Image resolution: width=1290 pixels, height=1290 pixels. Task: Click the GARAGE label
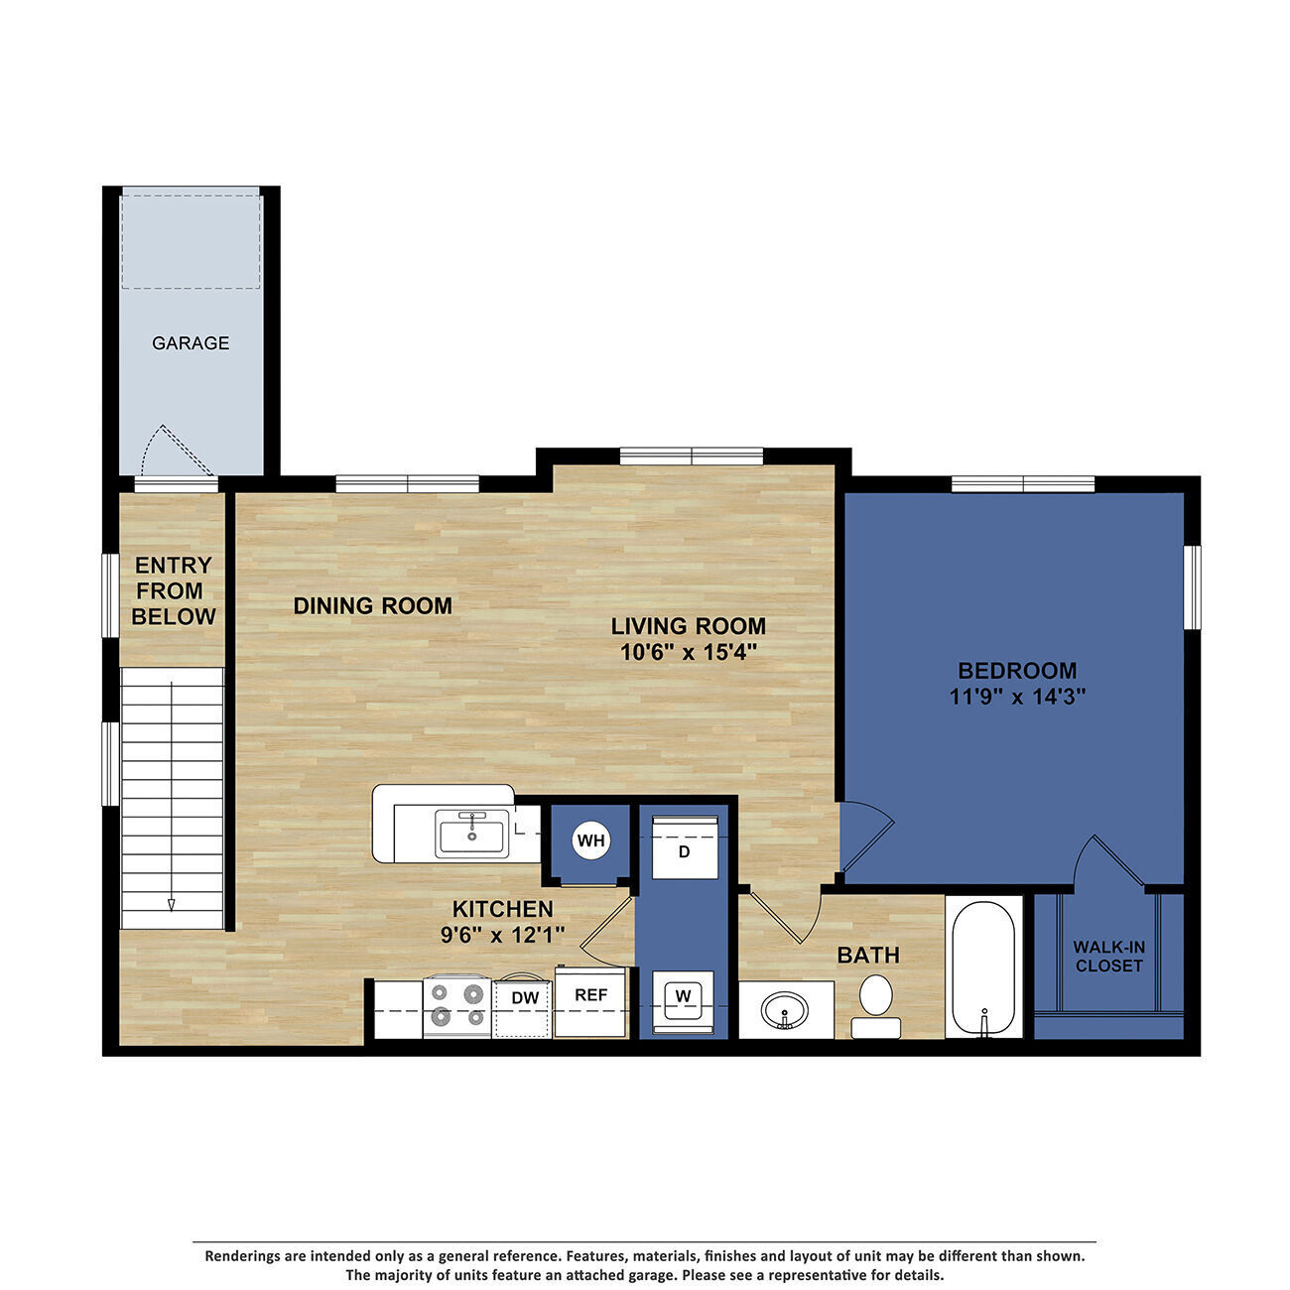pyautogui.click(x=191, y=343)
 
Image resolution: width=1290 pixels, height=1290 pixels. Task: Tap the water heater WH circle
pyautogui.click(x=591, y=841)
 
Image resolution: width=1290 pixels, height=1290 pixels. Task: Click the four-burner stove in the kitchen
pyautogui.click(x=456, y=1005)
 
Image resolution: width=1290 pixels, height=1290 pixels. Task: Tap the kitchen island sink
pyautogui.click(x=471, y=833)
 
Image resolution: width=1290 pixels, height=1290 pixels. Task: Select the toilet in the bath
pyautogui.click(x=875, y=1002)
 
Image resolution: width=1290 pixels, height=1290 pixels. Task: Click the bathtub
pyautogui.click(x=982, y=967)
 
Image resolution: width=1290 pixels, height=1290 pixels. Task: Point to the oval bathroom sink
pyautogui.click(x=785, y=1011)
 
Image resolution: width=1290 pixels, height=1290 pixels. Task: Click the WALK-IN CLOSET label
pyautogui.click(x=1109, y=957)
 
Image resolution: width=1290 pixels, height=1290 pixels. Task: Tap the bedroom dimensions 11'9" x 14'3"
pyautogui.click(x=1017, y=697)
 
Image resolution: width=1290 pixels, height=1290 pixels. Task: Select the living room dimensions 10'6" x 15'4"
pyautogui.click(x=689, y=652)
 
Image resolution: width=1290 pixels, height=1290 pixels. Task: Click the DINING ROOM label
pyautogui.click(x=372, y=605)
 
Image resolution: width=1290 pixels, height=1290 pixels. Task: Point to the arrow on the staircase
pyautogui.click(x=172, y=903)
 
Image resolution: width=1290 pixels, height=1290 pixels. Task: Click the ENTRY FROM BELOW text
pyautogui.click(x=174, y=590)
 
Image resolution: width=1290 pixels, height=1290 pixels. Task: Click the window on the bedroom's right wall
pyautogui.click(x=1193, y=585)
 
